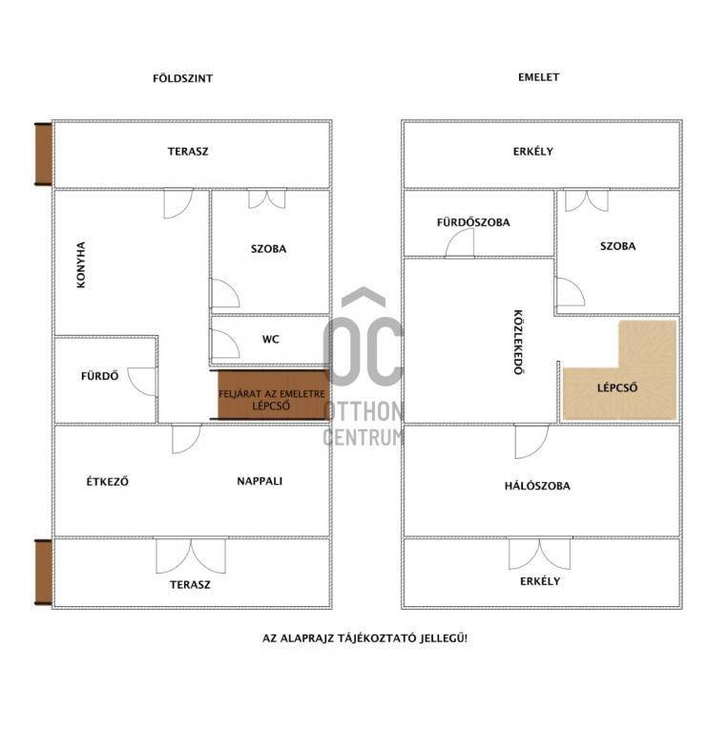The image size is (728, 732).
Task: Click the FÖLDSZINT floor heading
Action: pyautogui.click(x=183, y=78)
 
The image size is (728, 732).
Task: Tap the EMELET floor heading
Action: pyautogui.click(x=538, y=77)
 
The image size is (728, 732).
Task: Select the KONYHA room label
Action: pyautogui.click(x=81, y=264)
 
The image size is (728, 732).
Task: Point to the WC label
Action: pyautogui.click(x=271, y=340)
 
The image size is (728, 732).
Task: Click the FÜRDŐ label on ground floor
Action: pyautogui.click(x=100, y=376)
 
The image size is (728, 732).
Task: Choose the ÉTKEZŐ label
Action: pyautogui.click(x=107, y=481)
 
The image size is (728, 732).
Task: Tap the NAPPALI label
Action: pyautogui.click(x=260, y=481)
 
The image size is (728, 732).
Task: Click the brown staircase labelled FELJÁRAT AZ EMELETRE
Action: pyautogui.click(x=274, y=395)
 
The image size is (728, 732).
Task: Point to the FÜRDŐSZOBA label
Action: pyautogui.click(x=473, y=222)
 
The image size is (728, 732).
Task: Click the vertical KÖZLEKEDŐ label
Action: pyautogui.click(x=518, y=343)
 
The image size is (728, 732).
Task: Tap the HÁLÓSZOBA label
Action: pyautogui.click(x=537, y=486)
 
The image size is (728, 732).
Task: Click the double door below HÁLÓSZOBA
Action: pyautogui.click(x=539, y=554)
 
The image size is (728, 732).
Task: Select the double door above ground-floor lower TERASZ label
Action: pyautogui.click(x=191, y=555)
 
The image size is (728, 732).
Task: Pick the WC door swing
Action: pyautogui.click(x=225, y=345)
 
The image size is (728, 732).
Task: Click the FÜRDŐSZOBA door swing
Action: pyautogui.click(x=460, y=242)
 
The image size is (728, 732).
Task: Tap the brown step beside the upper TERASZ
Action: pyautogui.click(x=43, y=155)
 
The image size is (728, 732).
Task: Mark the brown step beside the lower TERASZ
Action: pyautogui.click(x=43, y=573)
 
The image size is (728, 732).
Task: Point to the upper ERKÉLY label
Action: pyautogui.click(x=533, y=151)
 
